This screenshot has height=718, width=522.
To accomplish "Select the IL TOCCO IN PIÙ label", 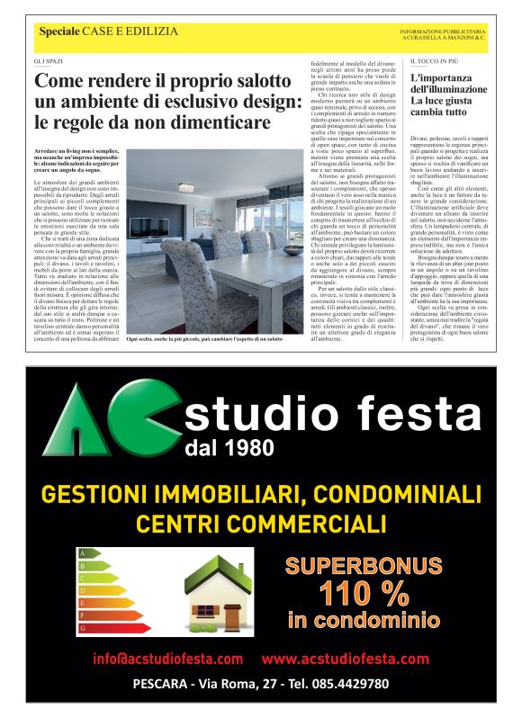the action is click(431, 60).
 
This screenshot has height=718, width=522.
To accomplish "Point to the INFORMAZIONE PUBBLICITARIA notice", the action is click(443, 30).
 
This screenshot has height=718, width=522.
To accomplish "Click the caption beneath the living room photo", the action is click(203, 338).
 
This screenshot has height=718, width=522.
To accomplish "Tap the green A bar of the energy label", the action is click(89, 552).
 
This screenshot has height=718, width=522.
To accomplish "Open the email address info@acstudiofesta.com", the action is click(167, 659).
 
